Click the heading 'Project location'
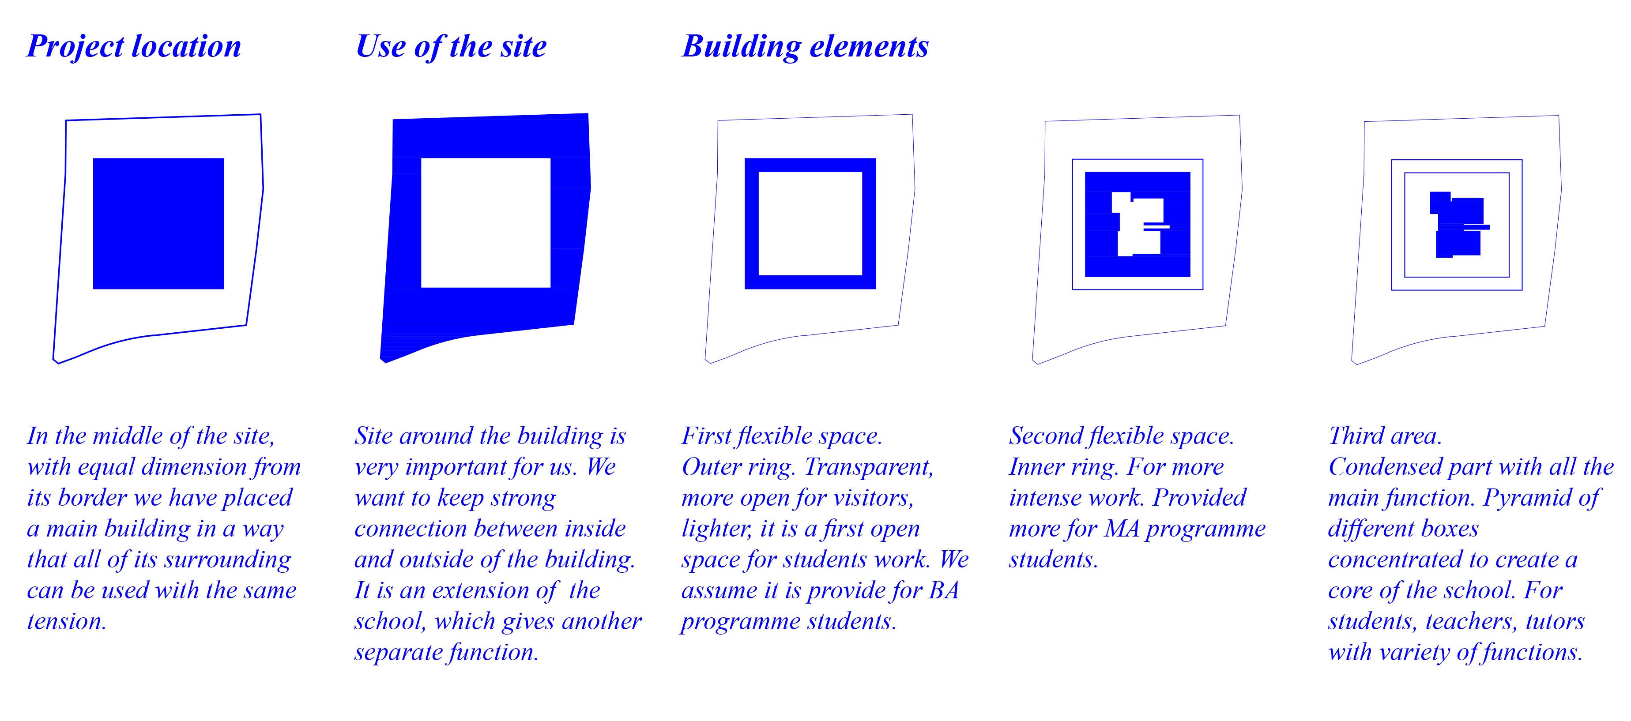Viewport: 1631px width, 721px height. [134, 47]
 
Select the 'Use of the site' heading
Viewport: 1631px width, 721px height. [451, 47]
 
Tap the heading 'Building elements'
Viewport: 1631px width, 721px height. [805, 47]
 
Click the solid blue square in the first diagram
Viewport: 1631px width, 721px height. [158, 223]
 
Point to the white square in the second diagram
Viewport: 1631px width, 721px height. [486, 223]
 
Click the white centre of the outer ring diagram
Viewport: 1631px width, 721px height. [810, 223]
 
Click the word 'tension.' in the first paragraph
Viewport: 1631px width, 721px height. [67, 621]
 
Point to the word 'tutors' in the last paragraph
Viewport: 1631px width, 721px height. [1555, 621]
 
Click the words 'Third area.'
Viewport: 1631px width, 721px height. [1385, 436]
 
